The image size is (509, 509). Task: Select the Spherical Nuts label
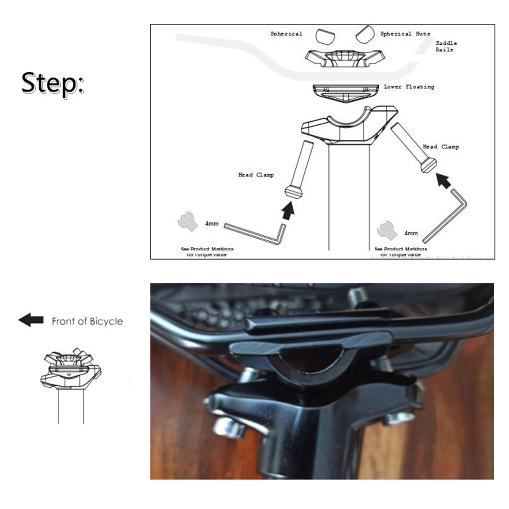(x=405, y=34)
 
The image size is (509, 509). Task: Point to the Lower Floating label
(x=409, y=87)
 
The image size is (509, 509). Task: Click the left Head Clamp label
(x=256, y=175)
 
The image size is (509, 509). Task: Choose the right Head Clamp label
(x=441, y=147)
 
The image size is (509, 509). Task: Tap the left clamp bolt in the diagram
(x=300, y=168)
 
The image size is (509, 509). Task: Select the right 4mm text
(x=411, y=233)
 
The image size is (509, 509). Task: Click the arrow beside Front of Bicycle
(x=31, y=320)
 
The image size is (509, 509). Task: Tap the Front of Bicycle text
(x=87, y=321)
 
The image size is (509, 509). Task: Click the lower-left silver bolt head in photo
(x=227, y=427)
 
